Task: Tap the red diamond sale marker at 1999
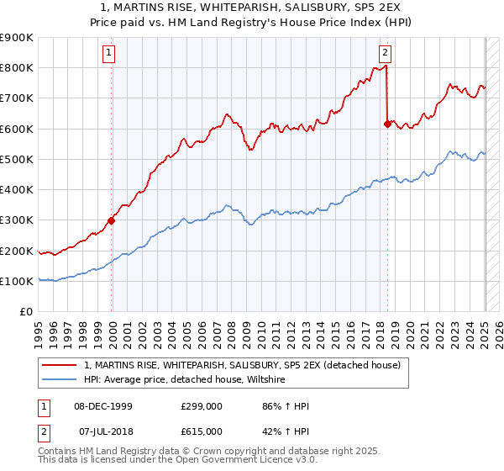click(111, 221)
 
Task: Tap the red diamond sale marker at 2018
click(387, 124)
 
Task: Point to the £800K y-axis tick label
click(17, 68)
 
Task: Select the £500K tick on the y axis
click(17, 159)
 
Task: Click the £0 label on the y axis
click(26, 312)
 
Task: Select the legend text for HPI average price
click(185, 380)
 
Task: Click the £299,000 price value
click(202, 406)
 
